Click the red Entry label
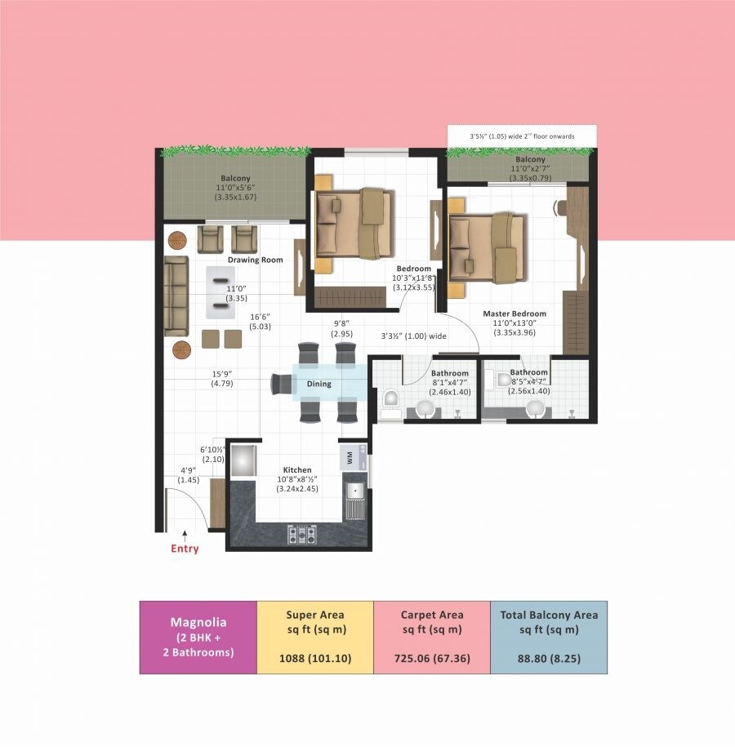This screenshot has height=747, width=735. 185,549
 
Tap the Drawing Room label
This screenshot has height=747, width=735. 256,260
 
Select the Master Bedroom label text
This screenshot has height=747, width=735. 514,313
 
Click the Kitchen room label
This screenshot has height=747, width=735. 296,470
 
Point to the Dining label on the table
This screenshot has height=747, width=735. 318,383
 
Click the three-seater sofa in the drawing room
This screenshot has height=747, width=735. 176,296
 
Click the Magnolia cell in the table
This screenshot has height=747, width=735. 198,637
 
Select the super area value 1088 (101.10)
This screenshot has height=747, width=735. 314,658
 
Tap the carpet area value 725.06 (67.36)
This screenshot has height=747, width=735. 431,658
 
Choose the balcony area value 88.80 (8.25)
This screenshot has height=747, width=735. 548,658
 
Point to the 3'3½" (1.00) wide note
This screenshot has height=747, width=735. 414,336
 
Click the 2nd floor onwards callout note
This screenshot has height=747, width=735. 522,136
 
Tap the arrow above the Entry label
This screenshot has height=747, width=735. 185,535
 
